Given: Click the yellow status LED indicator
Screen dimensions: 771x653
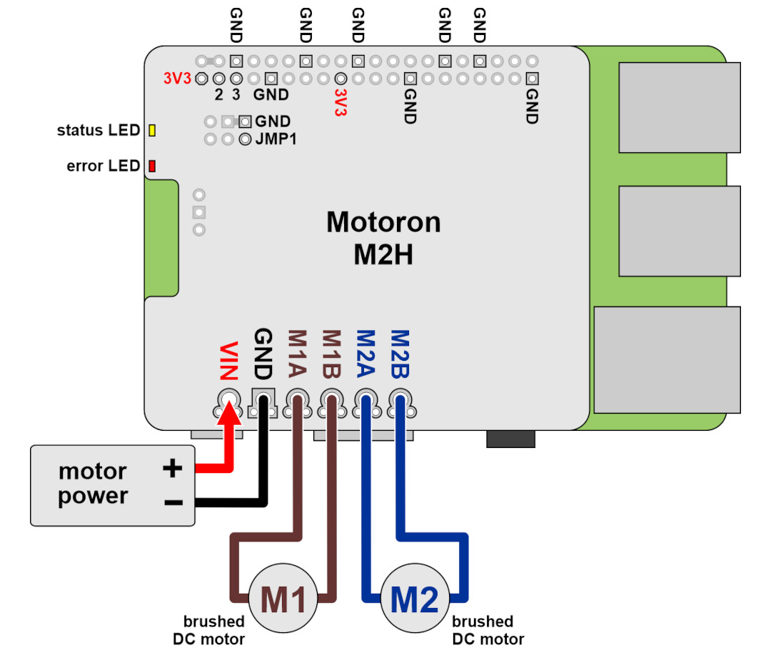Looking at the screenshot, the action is tap(152, 131).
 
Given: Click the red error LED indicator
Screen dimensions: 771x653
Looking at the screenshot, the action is tap(152, 166).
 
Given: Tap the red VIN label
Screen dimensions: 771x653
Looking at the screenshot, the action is tap(228, 362).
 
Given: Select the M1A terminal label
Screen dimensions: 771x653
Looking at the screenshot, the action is tap(297, 354).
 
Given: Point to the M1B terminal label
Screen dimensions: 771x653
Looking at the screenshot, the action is tap(331, 354).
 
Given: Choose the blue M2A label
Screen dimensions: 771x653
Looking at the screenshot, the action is tap(366, 354).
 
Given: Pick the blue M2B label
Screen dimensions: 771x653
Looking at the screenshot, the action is tap(400, 354).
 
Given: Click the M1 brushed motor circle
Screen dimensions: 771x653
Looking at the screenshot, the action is tap(283, 598).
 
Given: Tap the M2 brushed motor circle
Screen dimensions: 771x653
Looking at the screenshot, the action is tap(415, 598).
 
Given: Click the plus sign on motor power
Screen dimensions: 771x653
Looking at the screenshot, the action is tap(173, 468).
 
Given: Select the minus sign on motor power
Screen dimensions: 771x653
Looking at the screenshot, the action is tap(173, 502).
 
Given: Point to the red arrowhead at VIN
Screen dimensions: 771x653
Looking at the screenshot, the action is tap(229, 412).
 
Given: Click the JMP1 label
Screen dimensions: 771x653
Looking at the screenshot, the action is tap(276, 139).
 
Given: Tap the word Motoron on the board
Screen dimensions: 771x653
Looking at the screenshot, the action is tap(383, 222).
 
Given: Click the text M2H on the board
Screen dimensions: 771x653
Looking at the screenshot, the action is tap(383, 254).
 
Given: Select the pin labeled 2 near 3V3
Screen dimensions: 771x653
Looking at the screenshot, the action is tap(219, 79).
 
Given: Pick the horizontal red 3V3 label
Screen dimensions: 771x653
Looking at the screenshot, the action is tap(177, 79).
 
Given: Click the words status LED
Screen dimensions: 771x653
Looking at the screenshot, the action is tap(99, 131).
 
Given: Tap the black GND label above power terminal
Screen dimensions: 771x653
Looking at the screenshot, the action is tap(263, 354).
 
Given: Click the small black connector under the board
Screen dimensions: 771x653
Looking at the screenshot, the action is tap(511, 439).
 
